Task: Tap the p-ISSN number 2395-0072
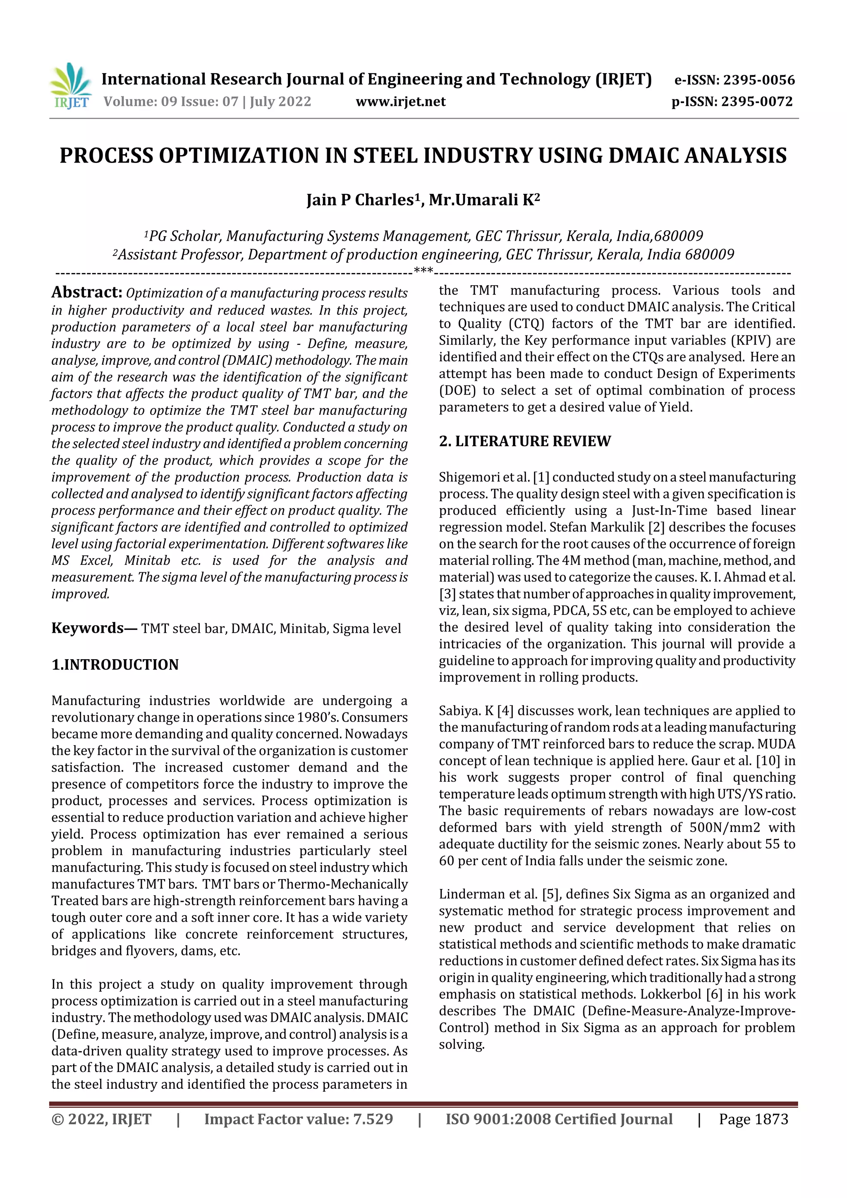(757, 102)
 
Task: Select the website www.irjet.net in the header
(400, 102)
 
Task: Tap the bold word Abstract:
(86, 293)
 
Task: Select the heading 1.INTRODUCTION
(115, 665)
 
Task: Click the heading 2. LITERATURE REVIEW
(524, 441)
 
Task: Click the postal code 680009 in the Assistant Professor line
(709, 255)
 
